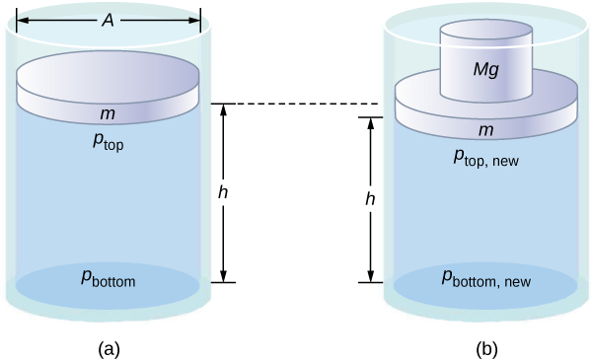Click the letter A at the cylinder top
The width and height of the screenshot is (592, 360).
coord(108,21)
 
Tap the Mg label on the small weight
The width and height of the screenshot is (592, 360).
coord(486,70)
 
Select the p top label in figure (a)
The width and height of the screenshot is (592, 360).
coord(108,142)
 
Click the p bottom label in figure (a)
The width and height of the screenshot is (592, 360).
coord(108,279)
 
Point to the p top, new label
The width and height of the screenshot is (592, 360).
coord(486,159)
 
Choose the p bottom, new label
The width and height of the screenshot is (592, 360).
coord(486,279)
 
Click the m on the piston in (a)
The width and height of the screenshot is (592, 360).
coord(108,113)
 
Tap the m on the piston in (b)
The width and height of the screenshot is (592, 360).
coord(485,130)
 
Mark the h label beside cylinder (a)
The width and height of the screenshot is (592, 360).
coord(223,192)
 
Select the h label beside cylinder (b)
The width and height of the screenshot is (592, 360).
coord(370,199)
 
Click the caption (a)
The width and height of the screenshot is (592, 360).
coord(110,349)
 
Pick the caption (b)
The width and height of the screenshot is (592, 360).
coord(486,349)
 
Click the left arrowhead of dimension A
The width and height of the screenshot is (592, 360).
coord(22,21)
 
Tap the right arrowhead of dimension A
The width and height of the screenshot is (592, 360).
coord(194,21)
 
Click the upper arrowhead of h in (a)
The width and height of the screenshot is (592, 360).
coord(224,109)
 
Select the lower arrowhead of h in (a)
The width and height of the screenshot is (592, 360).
coord(224,276)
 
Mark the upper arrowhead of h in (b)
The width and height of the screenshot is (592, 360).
coord(371,123)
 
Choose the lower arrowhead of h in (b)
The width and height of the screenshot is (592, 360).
coord(371,276)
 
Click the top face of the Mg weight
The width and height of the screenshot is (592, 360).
coord(486,29)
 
